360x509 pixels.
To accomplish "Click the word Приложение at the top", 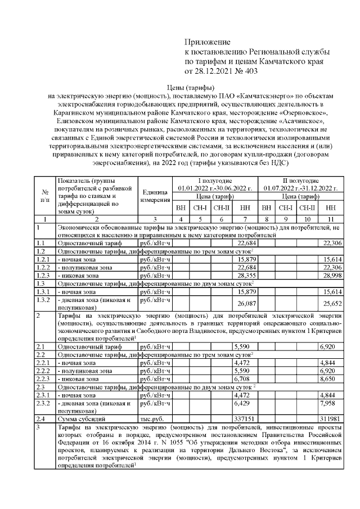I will click(208, 42).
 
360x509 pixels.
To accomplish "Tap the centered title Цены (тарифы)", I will click(191, 88).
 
